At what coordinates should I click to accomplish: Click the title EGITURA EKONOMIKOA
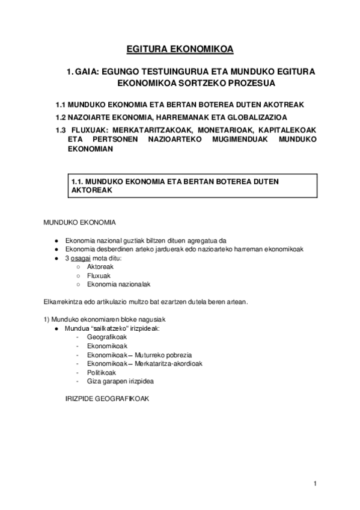click(180, 49)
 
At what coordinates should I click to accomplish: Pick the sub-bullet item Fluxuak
click(99, 275)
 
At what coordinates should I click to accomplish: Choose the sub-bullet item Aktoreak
click(100, 266)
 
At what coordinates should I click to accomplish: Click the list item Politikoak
click(101, 372)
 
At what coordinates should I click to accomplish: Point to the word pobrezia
click(178, 355)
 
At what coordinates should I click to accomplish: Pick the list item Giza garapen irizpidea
click(120, 381)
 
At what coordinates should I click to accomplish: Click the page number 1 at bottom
click(314, 484)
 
